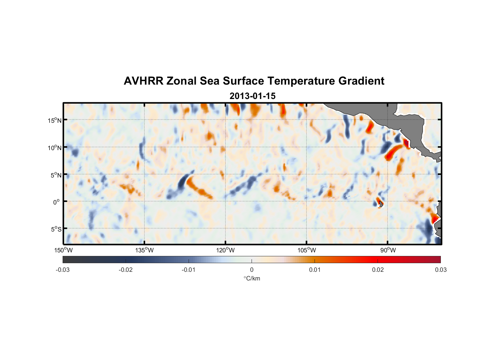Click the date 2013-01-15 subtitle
pos(252,96)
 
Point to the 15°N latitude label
pos(55,120)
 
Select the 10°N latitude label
pos(55,148)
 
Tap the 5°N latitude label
pos(56,175)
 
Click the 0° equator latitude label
pos(57,202)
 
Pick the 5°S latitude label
pos(56,229)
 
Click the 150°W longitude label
pos(63,250)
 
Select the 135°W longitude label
pos(145,250)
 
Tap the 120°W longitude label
pos(226,250)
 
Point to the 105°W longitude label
pos(307,250)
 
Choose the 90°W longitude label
pos(388,250)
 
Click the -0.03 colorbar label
pos(63,270)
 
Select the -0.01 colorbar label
pos(189,270)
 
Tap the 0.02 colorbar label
pos(378,270)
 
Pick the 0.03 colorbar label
pos(440,270)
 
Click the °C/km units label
pos(252,278)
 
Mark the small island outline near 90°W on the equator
pos(381,204)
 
